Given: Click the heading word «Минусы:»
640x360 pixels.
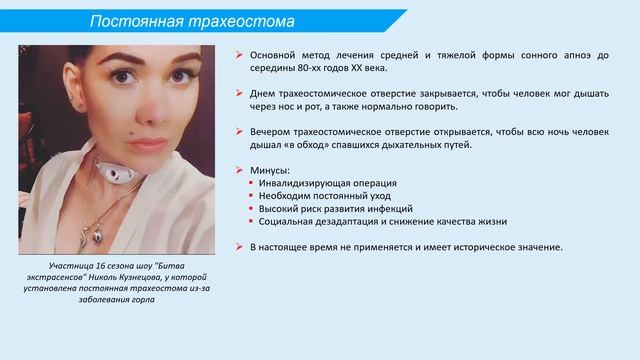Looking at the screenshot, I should tap(272, 171).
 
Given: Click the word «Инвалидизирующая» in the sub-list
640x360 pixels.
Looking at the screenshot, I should tap(306, 184).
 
